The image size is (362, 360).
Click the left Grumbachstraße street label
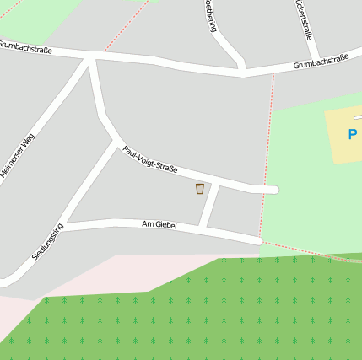coord(25,47)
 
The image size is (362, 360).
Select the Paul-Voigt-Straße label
coord(149,159)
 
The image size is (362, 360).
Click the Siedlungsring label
coord(47,241)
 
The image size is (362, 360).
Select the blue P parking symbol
coord(353,134)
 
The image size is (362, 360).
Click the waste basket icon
coord(200,189)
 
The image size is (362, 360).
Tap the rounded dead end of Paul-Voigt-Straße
coord(272,190)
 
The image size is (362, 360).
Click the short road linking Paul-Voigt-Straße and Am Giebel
coord(210,205)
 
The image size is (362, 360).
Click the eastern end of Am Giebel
coord(257,241)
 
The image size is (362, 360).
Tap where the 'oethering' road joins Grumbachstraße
coord(244,71)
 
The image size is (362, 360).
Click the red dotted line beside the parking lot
coord(267,152)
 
